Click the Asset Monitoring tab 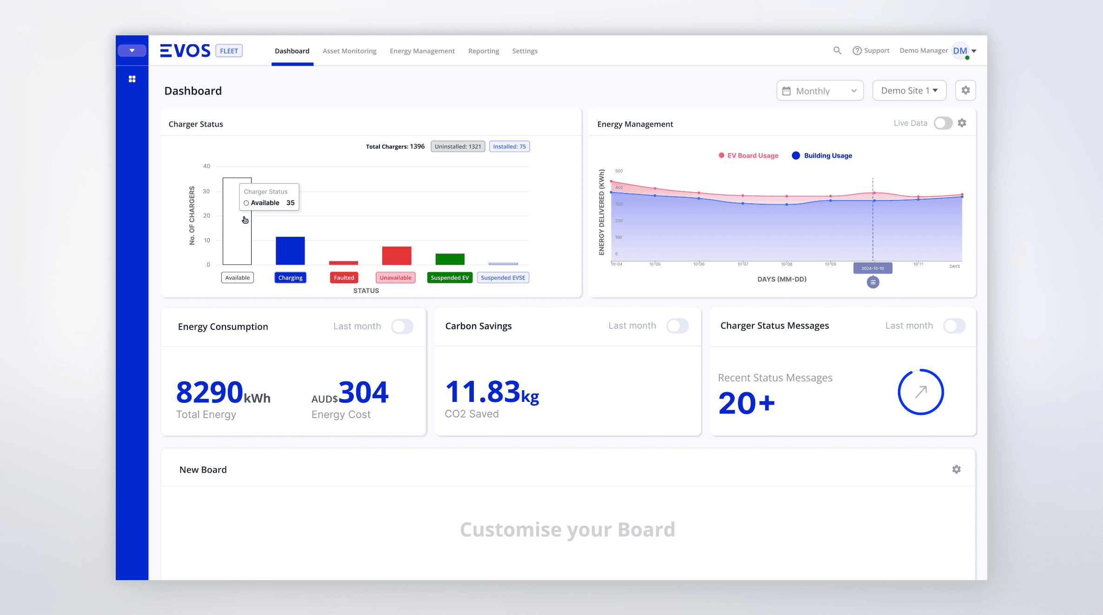pos(349,51)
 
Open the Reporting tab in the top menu pos(483,51)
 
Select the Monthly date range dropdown pos(819,91)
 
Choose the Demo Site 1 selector pos(909,91)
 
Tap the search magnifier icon pos(837,51)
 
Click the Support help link pos(870,51)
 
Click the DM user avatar pos(960,51)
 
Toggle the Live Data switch pos(943,123)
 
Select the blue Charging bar pos(290,251)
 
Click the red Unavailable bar pos(396,255)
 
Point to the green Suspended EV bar pos(450,259)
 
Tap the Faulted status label pos(344,278)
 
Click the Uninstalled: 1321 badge pos(458,147)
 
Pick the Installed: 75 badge pos(509,147)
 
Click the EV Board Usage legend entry pos(749,156)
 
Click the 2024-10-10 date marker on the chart pos(872,268)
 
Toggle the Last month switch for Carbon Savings pos(677,326)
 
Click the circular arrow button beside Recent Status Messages pos(920,392)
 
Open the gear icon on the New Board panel pos(956,469)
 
